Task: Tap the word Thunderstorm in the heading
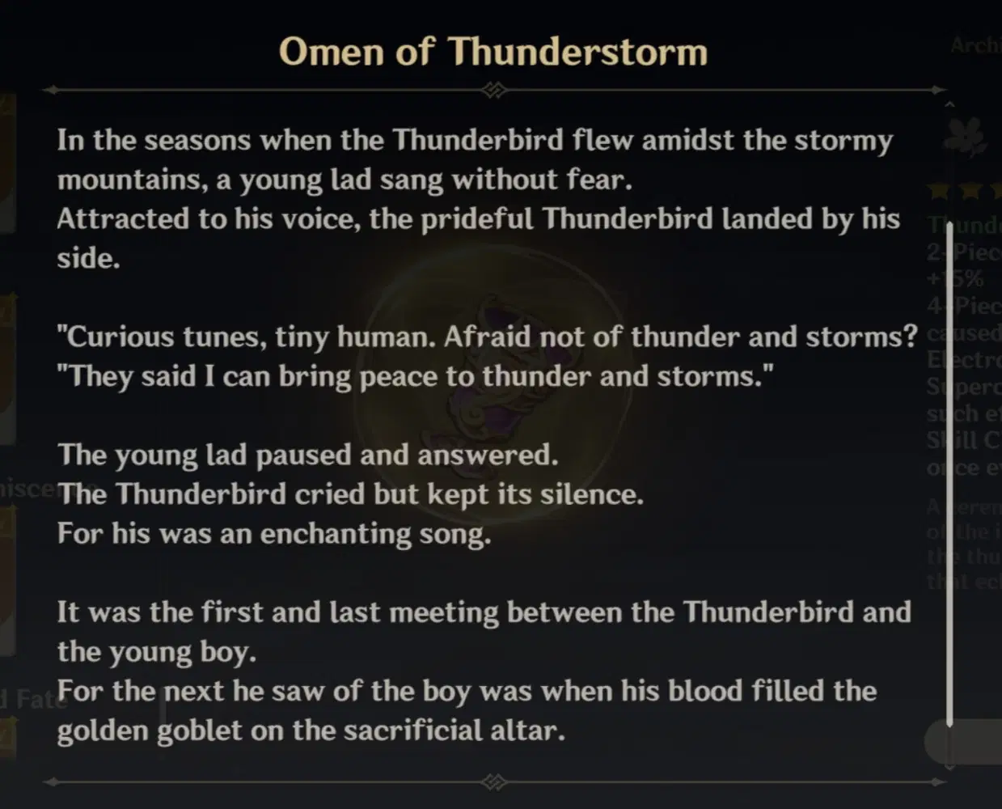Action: (578, 52)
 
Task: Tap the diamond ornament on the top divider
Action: (494, 90)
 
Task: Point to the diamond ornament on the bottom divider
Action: (494, 782)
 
